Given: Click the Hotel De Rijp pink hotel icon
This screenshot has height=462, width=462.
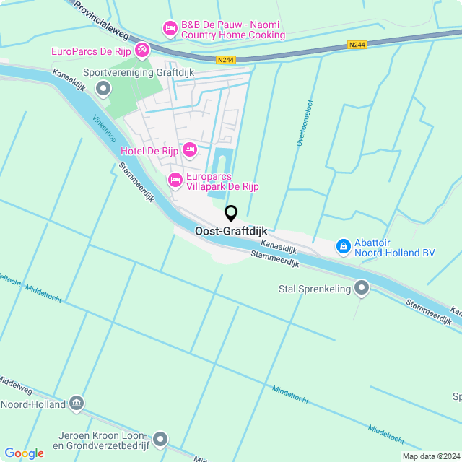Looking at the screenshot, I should [190, 150].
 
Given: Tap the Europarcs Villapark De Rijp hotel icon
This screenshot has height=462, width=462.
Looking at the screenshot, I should [175, 179].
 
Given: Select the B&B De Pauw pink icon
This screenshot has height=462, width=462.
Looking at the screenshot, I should [170, 29].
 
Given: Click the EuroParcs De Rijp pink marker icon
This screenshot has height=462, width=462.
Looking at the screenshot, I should [142, 50].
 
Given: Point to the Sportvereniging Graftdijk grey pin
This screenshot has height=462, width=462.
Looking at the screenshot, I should [103, 89].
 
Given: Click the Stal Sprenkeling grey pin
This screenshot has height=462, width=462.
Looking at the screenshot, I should [362, 289].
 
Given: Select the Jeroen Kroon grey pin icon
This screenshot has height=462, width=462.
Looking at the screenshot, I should [160, 439].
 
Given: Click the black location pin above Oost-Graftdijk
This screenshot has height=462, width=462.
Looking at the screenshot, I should [231, 213].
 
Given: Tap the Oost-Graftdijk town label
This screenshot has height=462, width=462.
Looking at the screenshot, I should [231, 231].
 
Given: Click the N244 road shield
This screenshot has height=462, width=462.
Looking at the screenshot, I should [357, 45].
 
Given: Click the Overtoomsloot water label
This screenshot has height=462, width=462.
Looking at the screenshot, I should [305, 123].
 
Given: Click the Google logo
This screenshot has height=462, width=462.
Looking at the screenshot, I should [24, 453].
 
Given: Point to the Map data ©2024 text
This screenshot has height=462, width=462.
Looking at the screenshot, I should [431, 456].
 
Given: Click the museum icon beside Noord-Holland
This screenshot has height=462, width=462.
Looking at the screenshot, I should [77, 403].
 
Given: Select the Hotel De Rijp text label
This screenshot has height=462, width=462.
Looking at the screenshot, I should [149, 150].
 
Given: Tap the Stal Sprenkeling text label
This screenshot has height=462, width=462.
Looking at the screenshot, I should [314, 289].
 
